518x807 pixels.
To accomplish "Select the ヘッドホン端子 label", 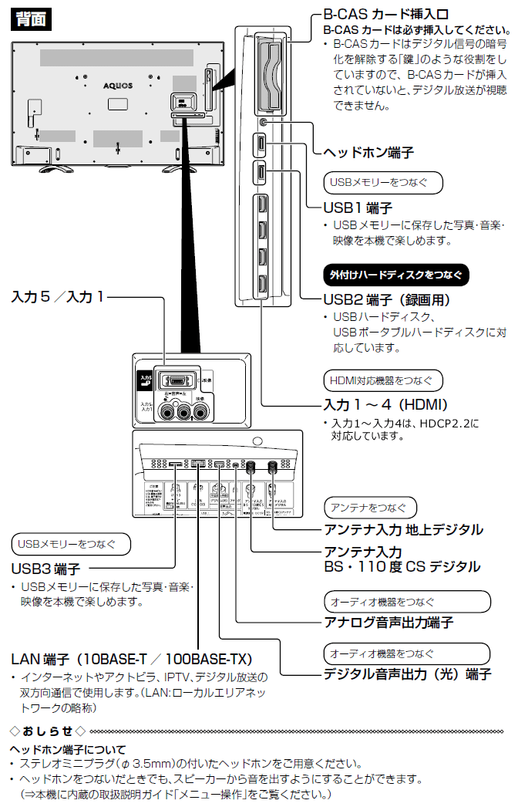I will tap(368, 153).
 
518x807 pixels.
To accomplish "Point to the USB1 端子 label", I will tap(358, 208).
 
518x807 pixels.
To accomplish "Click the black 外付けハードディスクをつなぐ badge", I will tap(395, 274).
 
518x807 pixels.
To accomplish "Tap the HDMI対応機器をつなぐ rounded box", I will tap(382, 380).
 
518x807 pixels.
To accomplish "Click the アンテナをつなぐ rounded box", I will tap(370, 507).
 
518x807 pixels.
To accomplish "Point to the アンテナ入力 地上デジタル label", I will tap(403, 529).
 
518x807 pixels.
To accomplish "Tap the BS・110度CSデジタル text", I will tap(402, 567).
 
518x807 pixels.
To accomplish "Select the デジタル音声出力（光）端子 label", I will tap(407, 674).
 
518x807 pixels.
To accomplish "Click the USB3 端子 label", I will tap(45, 569).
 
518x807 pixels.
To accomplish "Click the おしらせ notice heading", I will tap(48, 730).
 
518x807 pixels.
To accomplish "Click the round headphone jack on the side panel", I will tap(264, 122).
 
